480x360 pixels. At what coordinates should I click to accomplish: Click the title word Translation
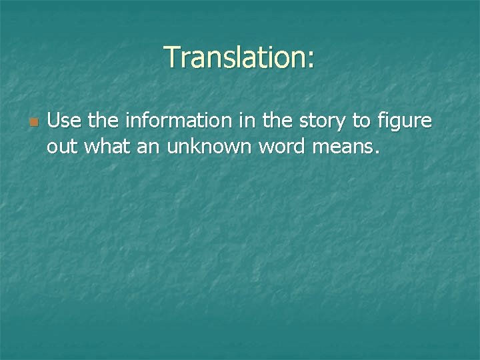click(235, 58)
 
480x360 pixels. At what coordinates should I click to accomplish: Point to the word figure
click(407, 123)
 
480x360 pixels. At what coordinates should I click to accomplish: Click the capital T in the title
click(172, 58)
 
